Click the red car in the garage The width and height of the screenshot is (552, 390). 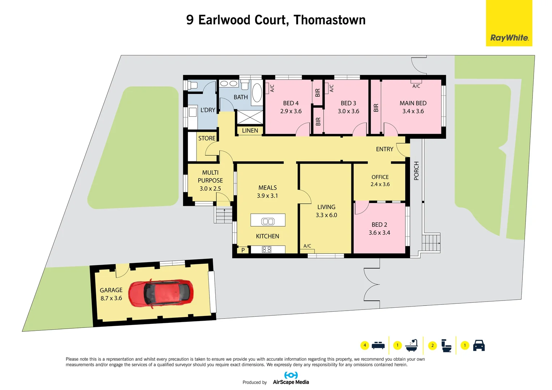(x=161, y=293)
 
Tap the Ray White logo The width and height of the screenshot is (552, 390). (x=509, y=38)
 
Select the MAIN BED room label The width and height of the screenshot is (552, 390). (x=413, y=103)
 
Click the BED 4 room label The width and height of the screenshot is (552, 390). (x=291, y=103)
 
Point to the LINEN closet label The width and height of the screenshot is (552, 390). (x=250, y=130)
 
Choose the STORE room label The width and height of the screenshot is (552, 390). (x=207, y=138)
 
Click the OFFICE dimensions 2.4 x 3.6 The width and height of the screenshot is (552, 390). (x=380, y=184)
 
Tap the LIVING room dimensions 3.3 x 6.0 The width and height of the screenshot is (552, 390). (x=326, y=215)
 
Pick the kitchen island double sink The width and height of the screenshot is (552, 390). (x=268, y=221)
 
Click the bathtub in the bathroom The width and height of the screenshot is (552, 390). (x=257, y=93)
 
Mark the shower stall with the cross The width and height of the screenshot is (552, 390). (x=250, y=117)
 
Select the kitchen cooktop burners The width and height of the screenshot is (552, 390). (x=267, y=249)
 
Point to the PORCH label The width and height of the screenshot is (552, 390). (x=416, y=171)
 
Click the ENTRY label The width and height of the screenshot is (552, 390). (x=384, y=149)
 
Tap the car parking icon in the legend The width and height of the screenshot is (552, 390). (x=479, y=345)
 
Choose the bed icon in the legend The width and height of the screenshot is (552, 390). (x=378, y=345)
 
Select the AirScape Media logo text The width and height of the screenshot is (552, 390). (x=291, y=382)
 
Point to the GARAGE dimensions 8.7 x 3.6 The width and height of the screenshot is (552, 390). (x=111, y=298)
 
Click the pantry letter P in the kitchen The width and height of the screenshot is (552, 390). (x=243, y=250)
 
